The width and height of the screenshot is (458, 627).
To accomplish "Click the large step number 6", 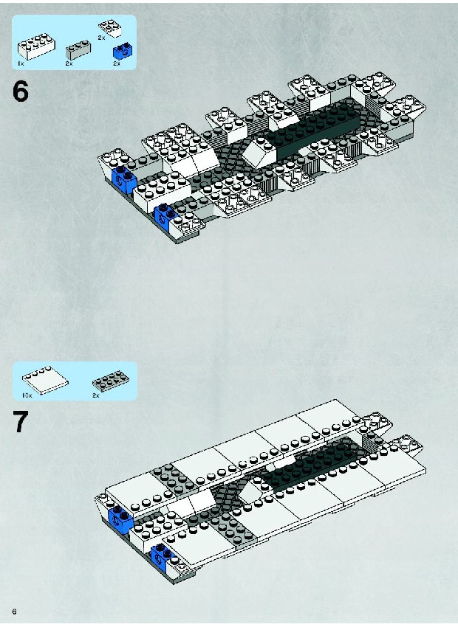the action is (21, 91).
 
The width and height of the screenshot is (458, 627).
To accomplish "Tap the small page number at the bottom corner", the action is (15, 612).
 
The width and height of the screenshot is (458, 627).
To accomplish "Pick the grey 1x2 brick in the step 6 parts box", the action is (78, 49).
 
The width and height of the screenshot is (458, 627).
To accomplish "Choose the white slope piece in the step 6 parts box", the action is (110, 28).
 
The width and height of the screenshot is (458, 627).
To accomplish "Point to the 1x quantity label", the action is (21, 63).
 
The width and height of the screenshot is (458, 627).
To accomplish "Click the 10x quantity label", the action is (27, 395).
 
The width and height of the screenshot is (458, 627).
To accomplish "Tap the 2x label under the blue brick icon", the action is (117, 63).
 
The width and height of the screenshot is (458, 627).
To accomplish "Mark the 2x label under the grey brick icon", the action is (69, 63).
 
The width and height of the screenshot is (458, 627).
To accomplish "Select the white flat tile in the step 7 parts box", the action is (45, 379).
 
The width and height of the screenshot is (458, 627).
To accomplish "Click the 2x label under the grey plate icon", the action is (96, 395).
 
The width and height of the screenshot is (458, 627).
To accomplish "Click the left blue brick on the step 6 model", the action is (123, 179).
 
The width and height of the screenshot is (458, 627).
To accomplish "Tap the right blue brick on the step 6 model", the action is (165, 215).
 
